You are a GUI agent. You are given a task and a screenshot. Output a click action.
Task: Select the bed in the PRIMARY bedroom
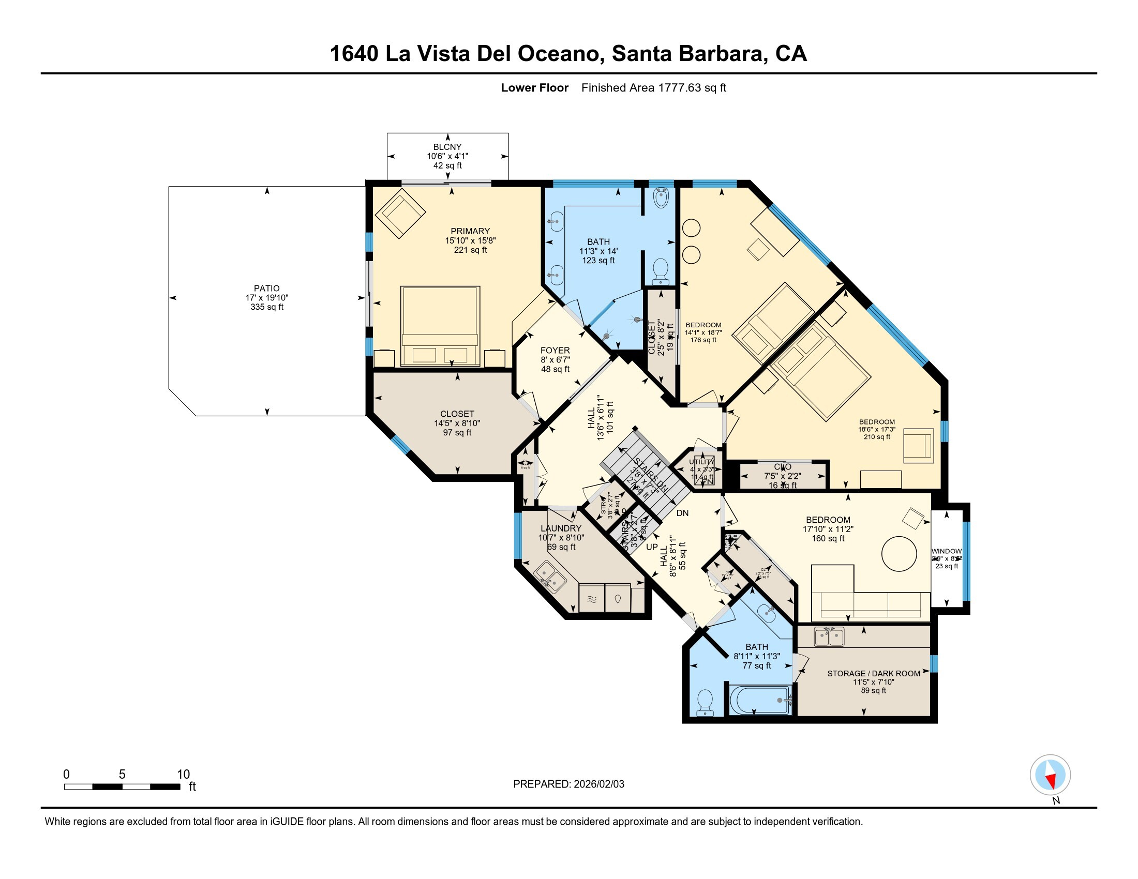440,326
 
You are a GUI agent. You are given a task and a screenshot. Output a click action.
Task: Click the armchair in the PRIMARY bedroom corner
400,214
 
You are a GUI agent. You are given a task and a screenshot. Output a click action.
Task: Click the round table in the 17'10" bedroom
899,554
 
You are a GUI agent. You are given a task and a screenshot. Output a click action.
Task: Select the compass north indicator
1051,776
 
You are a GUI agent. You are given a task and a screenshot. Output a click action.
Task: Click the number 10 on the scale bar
183,775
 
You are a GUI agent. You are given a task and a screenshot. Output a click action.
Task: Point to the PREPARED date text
568,784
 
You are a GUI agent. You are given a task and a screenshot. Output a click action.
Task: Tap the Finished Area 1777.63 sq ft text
653,88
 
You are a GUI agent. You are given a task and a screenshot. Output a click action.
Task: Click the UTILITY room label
701,462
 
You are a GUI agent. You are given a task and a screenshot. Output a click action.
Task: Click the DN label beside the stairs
682,513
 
